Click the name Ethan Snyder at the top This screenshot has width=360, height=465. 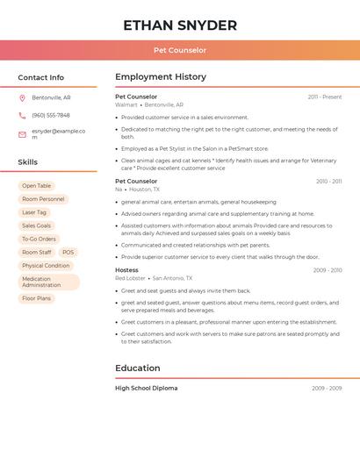[180, 25]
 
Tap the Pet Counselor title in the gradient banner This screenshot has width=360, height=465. [180, 50]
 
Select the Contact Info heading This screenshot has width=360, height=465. [41, 77]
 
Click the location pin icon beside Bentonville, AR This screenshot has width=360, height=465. [22, 97]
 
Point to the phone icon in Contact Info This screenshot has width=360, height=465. [22, 115]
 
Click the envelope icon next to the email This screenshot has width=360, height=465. [22, 134]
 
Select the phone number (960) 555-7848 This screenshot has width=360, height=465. [51, 115]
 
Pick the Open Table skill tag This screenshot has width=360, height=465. [37, 186]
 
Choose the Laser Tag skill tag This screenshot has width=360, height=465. [34, 212]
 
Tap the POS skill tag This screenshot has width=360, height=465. [68, 253]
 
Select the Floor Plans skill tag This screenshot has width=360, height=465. [37, 298]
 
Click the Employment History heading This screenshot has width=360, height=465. [161, 77]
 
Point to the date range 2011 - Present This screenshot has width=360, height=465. [324, 97]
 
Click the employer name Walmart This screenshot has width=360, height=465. [126, 104]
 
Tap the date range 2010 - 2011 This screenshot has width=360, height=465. [328, 182]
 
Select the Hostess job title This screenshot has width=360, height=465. [126, 270]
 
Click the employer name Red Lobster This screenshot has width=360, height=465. [130, 278]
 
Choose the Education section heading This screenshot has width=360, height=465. [138, 368]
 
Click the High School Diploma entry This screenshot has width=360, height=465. [146, 388]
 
